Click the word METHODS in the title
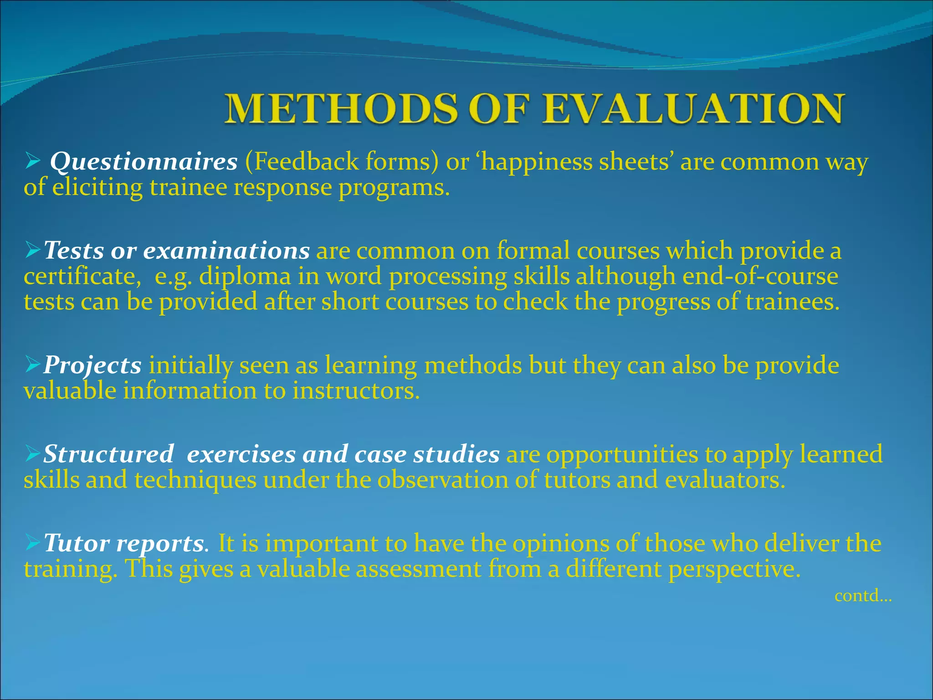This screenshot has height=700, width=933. [x=341, y=109]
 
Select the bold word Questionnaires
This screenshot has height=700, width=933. [x=144, y=162]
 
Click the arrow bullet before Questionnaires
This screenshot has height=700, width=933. [x=32, y=161]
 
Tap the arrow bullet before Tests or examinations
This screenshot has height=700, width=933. [x=33, y=251]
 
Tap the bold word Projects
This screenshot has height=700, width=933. [x=92, y=365]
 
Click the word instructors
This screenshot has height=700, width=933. [x=355, y=391]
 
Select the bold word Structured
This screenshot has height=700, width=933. [x=108, y=454]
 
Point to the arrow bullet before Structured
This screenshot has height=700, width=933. [x=33, y=454]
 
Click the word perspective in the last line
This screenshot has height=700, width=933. [x=733, y=569]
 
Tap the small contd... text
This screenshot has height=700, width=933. [x=862, y=596]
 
